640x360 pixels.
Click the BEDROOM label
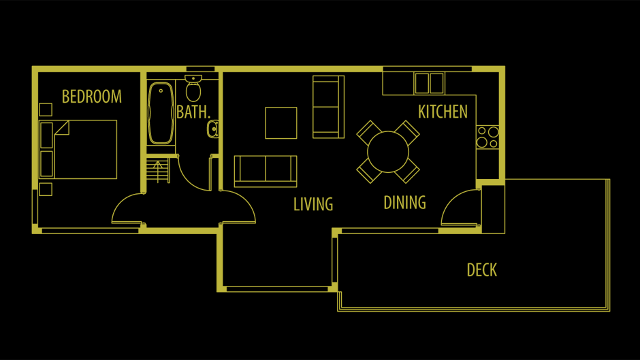[x=92, y=97]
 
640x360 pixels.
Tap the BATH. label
[x=193, y=112]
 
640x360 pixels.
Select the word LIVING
[x=313, y=204]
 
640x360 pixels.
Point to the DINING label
[x=404, y=202]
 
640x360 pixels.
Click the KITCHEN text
[x=443, y=112]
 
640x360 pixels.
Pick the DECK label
[x=482, y=270]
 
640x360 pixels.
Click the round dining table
[x=388, y=152]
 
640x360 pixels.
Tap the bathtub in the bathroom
[x=161, y=114]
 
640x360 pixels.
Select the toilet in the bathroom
[x=193, y=88]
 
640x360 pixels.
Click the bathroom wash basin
[x=213, y=129]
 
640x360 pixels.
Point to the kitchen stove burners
[x=487, y=137]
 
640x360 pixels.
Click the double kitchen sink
[x=429, y=83]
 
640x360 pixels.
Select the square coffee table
[x=281, y=123]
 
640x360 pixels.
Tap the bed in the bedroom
[x=78, y=150]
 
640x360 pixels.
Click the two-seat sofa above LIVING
[x=266, y=171]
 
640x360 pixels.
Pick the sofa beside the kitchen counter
[x=328, y=107]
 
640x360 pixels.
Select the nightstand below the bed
[x=46, y=189]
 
